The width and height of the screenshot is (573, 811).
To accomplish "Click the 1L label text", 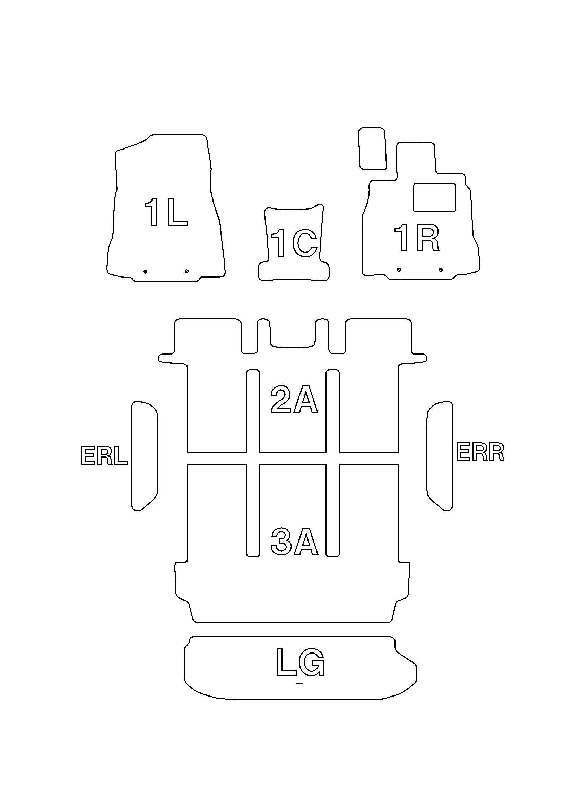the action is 166,213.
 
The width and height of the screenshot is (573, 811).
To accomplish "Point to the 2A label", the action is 294,399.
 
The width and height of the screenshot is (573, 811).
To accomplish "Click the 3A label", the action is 294,541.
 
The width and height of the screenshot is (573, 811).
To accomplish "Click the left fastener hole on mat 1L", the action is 145,271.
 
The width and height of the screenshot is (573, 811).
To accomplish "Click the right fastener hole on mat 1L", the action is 186,271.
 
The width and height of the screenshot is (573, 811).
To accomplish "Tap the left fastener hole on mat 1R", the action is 399,270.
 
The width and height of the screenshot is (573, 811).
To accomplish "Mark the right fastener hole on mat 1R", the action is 440,270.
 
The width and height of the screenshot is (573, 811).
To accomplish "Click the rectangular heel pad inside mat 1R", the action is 434,197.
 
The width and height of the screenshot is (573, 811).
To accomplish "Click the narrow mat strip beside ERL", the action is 145,456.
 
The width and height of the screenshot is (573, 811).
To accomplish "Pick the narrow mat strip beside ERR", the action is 440,456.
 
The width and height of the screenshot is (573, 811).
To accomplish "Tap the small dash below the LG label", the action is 300,684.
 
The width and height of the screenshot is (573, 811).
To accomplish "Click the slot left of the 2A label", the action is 253,411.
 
